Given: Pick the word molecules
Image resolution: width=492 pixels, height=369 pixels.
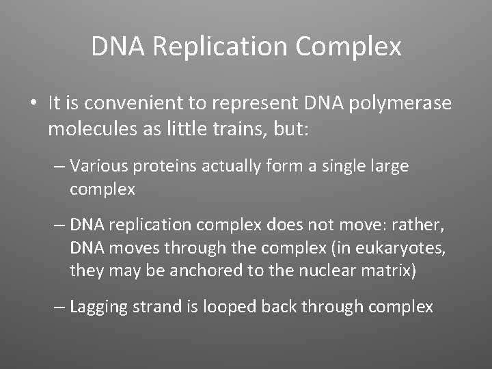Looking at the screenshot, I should [x=85, y=129].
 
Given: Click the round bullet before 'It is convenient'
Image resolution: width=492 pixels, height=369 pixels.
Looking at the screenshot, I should [x=33, y=105].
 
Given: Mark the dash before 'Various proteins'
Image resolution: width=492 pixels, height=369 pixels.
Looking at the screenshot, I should [x=59, y=167].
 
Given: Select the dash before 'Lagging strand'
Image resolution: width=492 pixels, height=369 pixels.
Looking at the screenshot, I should [x=59, y=307].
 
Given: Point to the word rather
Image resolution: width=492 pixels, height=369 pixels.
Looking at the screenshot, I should [x=424, y=224].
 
